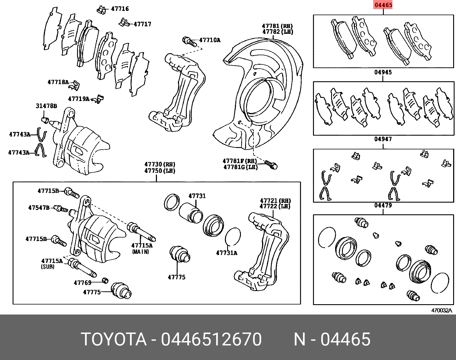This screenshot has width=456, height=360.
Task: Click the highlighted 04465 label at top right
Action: [383, 5]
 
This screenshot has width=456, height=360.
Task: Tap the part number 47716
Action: [120, 9]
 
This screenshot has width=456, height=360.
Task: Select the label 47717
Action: [142, 24]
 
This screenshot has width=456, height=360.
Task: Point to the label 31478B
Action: [46, 106]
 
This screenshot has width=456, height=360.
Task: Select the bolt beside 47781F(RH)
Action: [271, 164]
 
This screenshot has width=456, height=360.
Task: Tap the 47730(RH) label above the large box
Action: [160, 165]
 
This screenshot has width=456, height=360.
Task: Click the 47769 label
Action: [82, 283]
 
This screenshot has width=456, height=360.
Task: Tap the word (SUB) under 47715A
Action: [48, 267]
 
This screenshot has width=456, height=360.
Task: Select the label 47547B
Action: [39, 207]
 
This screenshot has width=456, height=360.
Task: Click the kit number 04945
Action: [383, 72]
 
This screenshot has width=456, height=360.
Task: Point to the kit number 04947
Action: [383, 139]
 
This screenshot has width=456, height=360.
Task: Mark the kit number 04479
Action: [383, 205]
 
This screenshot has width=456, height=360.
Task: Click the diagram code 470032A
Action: [441, 310]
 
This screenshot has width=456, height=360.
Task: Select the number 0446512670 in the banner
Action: [211, 340]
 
